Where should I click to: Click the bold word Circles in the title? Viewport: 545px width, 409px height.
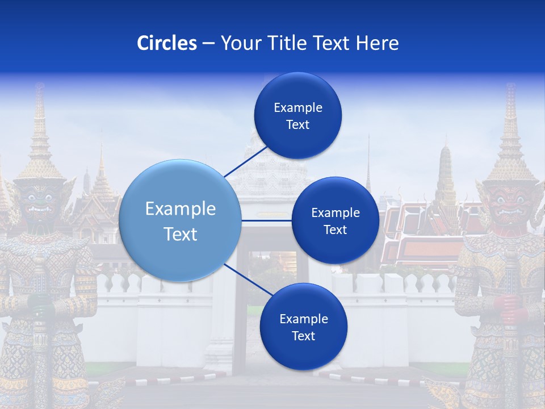[166, 43]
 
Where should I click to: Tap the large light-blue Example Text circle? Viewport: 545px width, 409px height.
[181, 220]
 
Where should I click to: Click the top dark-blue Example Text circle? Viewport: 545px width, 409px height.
[297, 115]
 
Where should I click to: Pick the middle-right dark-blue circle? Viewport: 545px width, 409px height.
[335, 220]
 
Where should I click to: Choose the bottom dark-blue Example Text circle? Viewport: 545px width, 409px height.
[303, 327]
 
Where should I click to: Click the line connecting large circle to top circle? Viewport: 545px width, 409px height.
[246, 161]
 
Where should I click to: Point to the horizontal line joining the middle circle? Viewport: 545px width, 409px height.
[267, 220]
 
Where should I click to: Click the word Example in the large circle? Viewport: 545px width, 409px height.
[181, 209]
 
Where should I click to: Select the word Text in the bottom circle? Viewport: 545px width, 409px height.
[303, 336]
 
